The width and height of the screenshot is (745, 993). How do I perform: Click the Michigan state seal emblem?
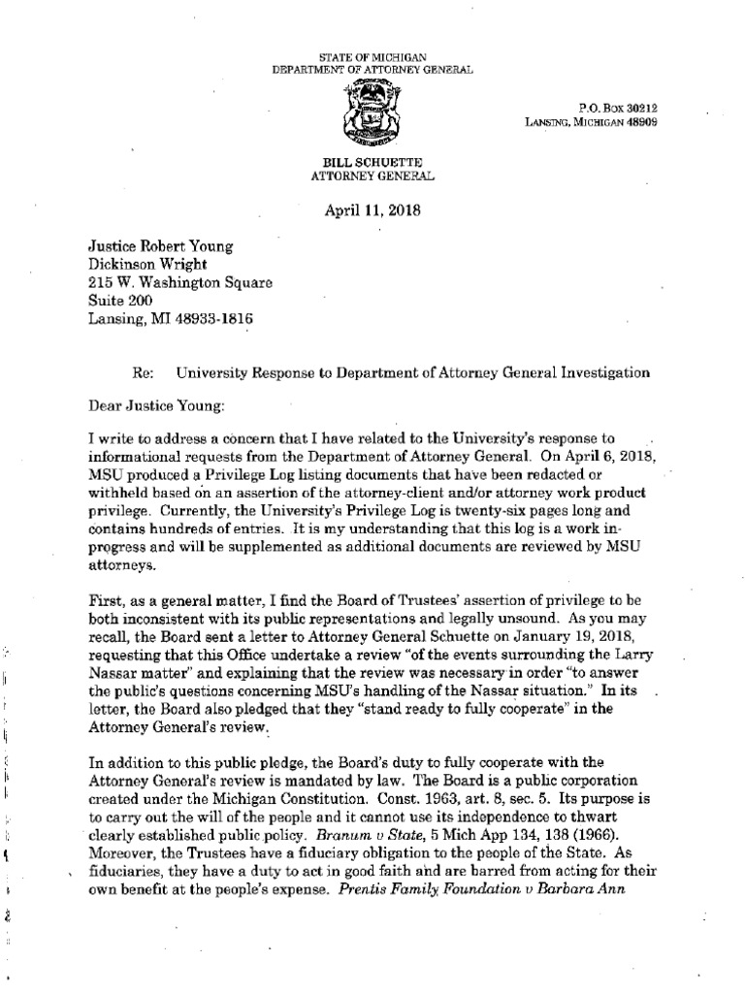tap(372, 112)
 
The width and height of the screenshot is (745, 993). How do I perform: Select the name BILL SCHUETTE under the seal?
tap(372, 165)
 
